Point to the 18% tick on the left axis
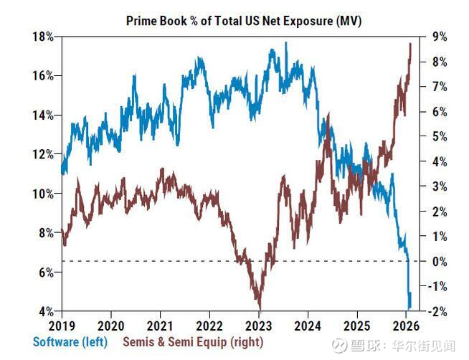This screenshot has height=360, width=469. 45,37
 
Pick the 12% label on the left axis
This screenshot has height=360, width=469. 45,154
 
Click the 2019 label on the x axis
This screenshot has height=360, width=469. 62,323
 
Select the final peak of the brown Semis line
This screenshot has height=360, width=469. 410,44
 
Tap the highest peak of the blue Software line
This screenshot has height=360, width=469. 286,43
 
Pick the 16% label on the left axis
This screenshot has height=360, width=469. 45,75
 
